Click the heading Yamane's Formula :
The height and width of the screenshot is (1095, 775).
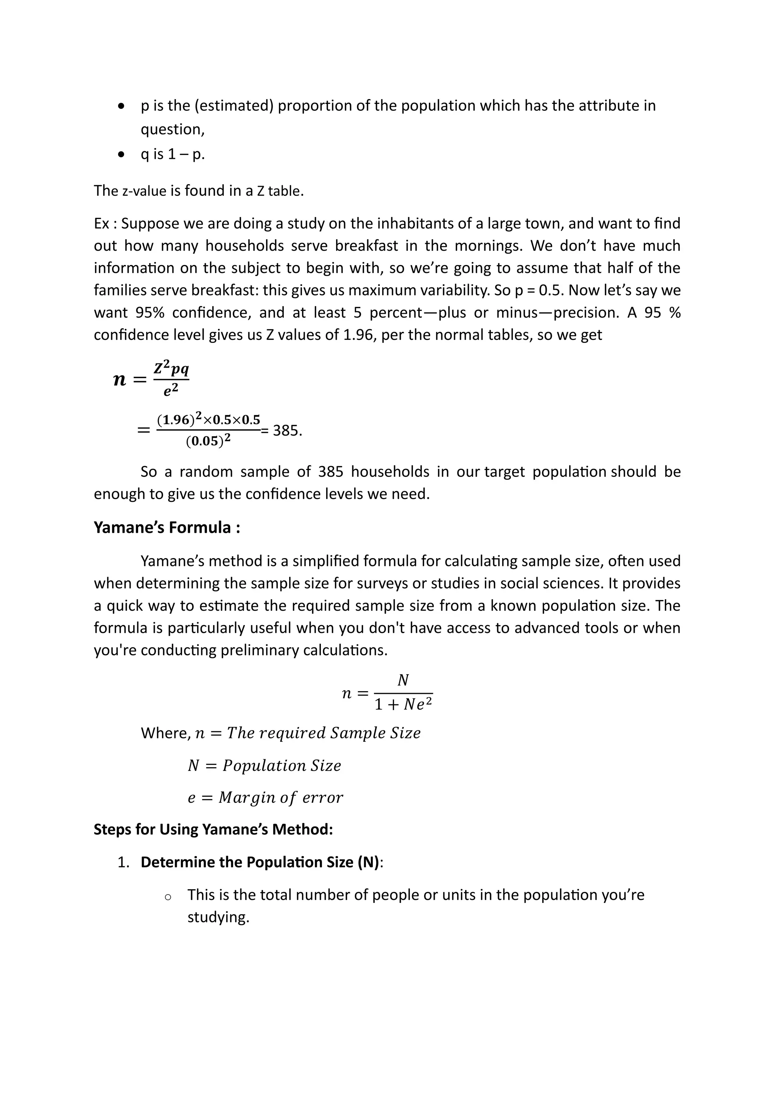(167, 527)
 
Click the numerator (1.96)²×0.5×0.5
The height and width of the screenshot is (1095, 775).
(209, 420)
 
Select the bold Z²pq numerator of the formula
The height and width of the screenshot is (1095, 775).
(171, 369)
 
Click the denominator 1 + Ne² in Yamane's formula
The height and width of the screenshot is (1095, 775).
(403, 704)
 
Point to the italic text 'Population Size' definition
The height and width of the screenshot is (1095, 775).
(282, 765)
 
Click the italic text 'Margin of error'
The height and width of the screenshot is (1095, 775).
(281, 797)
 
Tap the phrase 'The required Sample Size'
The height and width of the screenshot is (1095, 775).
(324, 733)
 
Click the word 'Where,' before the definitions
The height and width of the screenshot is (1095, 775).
(166, 733)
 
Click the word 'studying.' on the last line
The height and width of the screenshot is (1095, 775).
(218, 917)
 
